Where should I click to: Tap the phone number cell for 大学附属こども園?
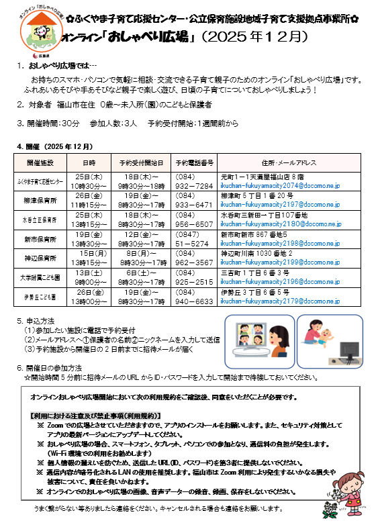193,278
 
